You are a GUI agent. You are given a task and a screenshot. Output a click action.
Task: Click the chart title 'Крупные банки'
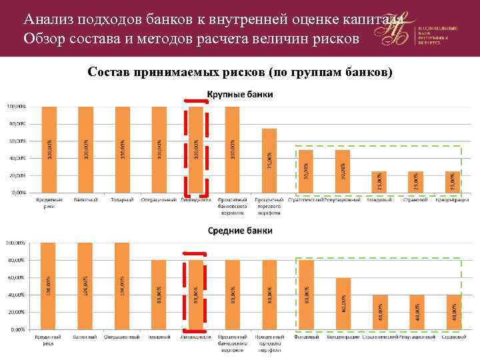239,95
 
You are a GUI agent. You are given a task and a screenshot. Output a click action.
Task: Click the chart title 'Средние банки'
239,231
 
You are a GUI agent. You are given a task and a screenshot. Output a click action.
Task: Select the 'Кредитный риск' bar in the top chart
49,149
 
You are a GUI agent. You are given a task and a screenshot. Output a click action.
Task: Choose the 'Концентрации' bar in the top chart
453,181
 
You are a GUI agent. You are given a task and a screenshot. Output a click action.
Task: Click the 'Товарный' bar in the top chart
123,149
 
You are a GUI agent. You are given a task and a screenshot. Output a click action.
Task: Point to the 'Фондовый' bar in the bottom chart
306,294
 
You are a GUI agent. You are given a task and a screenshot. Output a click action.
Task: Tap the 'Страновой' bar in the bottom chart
453,311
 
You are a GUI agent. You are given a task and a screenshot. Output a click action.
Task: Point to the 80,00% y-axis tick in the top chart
17,124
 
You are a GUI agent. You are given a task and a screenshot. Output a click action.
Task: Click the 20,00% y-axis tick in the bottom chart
17,311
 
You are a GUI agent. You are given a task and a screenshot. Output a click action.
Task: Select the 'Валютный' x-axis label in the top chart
86,199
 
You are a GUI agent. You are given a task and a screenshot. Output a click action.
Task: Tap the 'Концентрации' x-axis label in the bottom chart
343,337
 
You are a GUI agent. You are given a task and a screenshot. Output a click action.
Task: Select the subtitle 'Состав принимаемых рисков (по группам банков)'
239,71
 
